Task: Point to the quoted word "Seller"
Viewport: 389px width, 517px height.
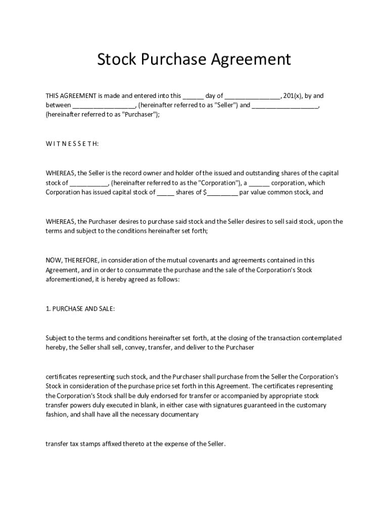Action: point(227,105)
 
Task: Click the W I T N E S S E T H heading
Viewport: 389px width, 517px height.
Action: point(72,144)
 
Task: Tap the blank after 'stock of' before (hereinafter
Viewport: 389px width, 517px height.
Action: point(89,183)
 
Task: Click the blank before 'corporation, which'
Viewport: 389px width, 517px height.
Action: point(259,183)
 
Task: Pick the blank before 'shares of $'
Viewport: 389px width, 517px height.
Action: point(165,192)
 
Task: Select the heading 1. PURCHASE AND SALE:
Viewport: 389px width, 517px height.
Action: point(80,309)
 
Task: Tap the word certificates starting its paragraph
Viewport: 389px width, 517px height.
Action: point(63,377)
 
